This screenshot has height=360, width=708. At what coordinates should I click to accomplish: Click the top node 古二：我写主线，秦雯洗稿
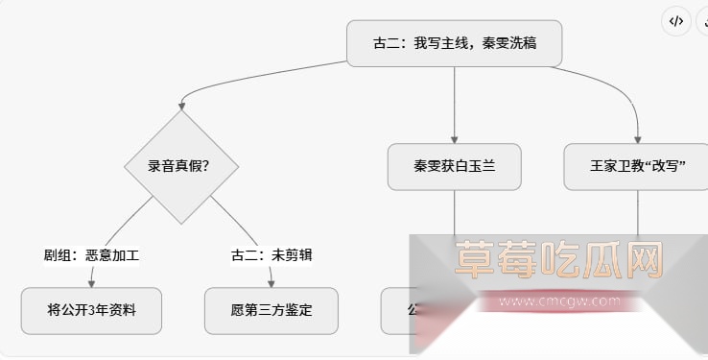[454, 44]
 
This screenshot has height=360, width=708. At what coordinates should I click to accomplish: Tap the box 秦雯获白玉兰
[454, 166]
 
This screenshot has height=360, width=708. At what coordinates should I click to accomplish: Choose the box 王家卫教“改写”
[637, 166]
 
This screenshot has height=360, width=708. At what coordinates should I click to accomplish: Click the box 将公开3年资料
[91, 311]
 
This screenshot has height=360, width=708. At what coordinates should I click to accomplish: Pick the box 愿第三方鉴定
[271, 311]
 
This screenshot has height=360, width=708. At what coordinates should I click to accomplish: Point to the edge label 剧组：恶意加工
[92, 255]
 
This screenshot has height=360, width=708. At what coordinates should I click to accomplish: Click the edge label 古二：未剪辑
[271, 255]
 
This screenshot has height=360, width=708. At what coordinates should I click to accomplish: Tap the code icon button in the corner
[676, 21]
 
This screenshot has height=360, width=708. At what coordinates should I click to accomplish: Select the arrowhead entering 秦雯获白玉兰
[454, 138]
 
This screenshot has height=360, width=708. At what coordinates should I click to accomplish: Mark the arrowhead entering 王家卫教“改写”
[637, 138]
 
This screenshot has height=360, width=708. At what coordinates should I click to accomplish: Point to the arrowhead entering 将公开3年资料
[92, 282]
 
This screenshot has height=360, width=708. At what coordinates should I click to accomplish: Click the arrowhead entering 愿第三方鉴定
[271, 282]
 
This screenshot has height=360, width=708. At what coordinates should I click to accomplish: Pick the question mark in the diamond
[205, 166]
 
